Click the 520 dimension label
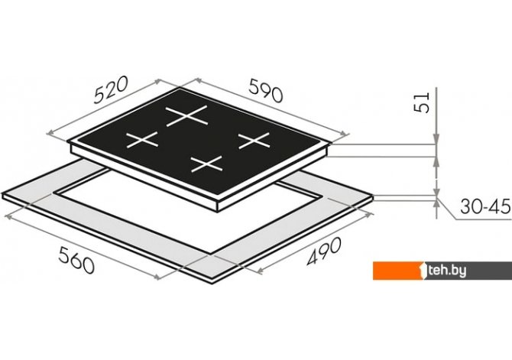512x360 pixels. [x=110, y=90]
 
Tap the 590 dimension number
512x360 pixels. [x=265, y=90]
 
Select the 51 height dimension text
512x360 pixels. [x=422, y=102]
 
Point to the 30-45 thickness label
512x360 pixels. [x=485, y=206]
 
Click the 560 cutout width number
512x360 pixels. [x=76, y=260]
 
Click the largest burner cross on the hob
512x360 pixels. [x=186, y=116]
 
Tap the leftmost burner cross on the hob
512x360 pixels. [x=142, y=140]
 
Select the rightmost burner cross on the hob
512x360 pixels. [x=254, y=141]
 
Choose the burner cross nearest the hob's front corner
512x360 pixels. [x=206, y=164]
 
